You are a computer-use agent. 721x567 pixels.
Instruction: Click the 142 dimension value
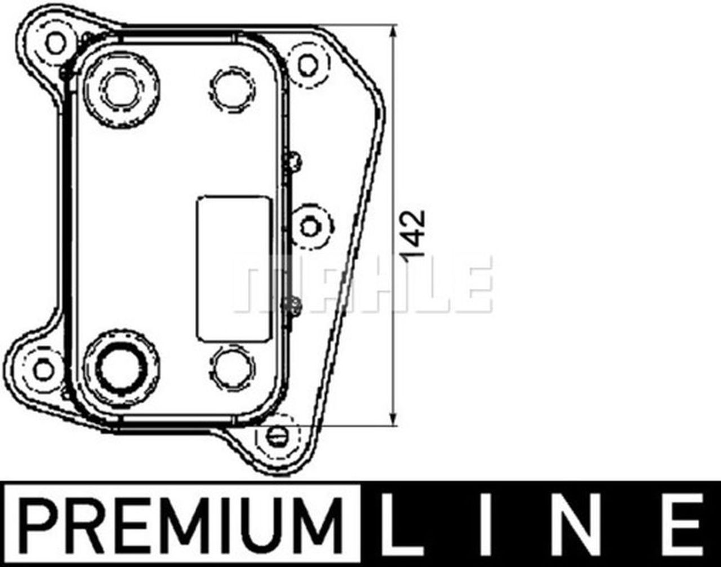click(x=415, y=234)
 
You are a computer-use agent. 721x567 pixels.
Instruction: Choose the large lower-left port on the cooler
click(x=121, y=368)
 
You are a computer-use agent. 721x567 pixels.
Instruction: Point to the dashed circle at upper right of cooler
click(x=232, y=88)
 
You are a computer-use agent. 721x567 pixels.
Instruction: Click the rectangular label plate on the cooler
click(x=232, y=269)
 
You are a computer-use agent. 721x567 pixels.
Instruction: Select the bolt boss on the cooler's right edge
click(x=309, y=226)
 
